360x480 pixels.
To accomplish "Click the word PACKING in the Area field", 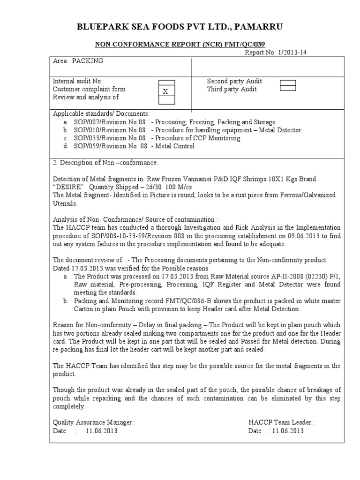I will pos(87,61).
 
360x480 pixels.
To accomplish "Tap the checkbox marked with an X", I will pos(165,92).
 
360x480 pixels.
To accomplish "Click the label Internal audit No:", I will pos(78,81).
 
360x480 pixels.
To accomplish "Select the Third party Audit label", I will pos(232,89).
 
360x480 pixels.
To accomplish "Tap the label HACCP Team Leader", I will pos(281,422).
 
